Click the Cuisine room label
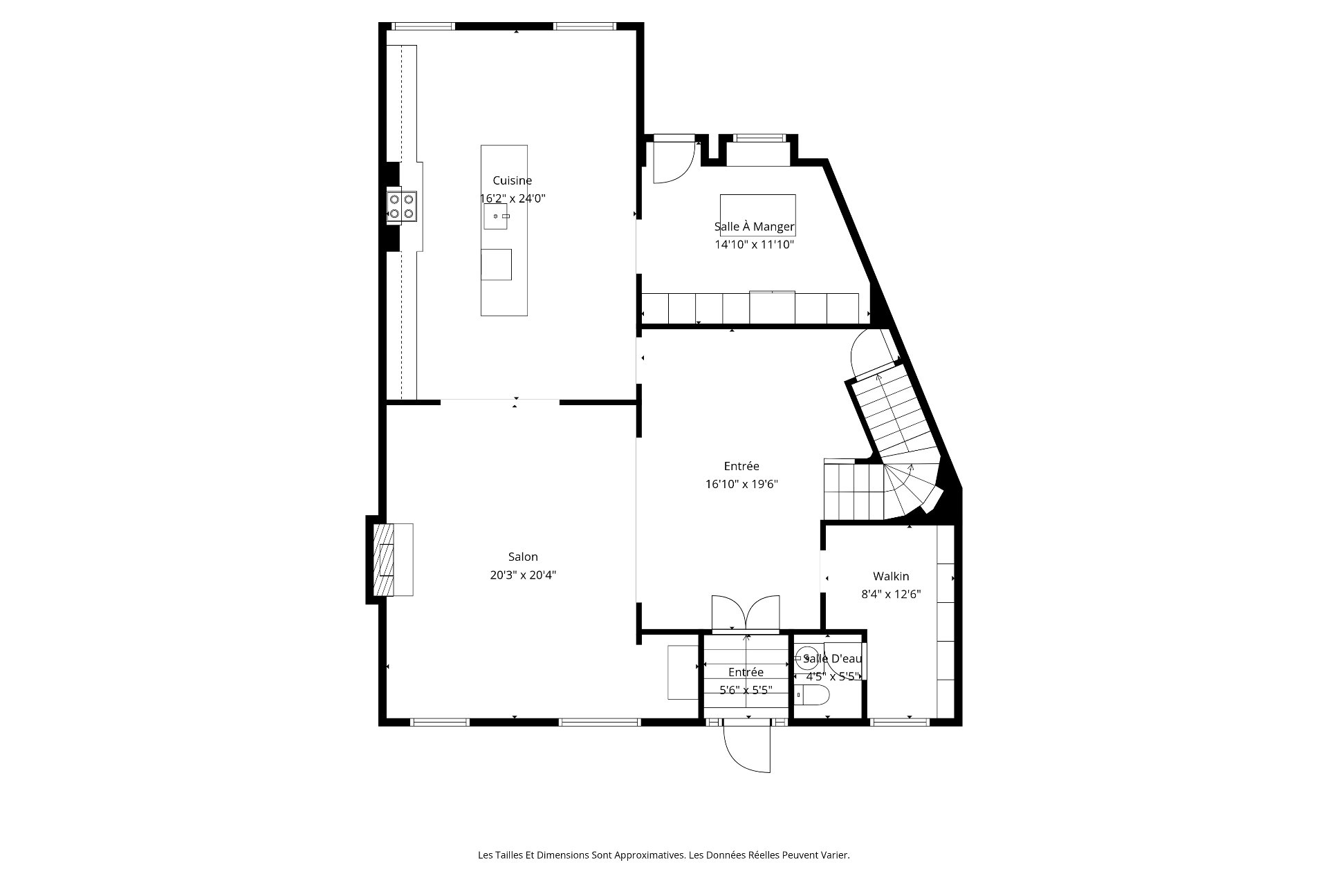coord(512,180)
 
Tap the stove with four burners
coord(402,206)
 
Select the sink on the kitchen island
coord(495,216)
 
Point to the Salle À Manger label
coord(754,227)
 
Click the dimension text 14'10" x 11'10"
coord(754,244)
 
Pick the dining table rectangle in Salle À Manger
coord(757,215)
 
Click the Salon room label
coord(523,557)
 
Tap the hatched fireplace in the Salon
coord(383,559)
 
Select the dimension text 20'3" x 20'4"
coord(523,575)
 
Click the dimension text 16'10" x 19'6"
coord(741,484)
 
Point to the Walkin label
coord(891,576)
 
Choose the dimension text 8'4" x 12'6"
coord(891,594)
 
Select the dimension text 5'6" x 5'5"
coord(746,689)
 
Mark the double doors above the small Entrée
coord(746,614)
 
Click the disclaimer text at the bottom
coord(664,855)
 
